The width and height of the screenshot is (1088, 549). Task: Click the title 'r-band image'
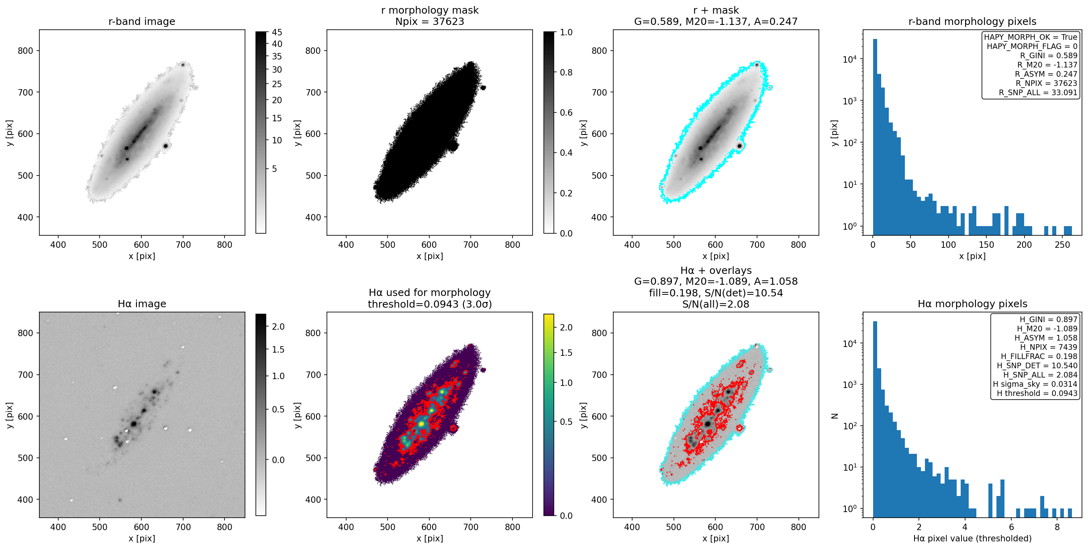pyautogui.click(x=141, y=21)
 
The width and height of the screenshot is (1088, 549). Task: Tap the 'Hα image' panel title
pyautogui.click(x=141, y=304)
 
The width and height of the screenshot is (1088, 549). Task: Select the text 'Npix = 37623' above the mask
pyautogui.click(x=430, y=21)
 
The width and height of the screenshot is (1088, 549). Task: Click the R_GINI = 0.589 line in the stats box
pyautogui.click(x=1049, y=55)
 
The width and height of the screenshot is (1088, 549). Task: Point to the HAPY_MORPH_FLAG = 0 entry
pyautogui.click(x=1032, y=46)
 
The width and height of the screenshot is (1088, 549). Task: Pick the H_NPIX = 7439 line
pyautogui.click(x=1049, y=347)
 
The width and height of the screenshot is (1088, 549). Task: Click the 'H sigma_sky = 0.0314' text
pyautogui.click(x=1035, y=384)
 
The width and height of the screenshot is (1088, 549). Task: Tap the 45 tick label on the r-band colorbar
pyautogui.click(x=277, y=32)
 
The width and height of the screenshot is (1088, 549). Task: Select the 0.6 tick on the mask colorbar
pyautogui.click(x=566, y=112)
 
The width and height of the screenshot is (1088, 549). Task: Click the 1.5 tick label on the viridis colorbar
pyautogui.click(x=566, y=353)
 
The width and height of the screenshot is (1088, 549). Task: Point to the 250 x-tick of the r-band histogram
pyautogui.click(x=1062, y=245)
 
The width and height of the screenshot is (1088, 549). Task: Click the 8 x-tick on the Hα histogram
pyautogui.click(x=1057, y=527)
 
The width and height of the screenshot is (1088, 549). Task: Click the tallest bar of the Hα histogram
pyautogui.click(x=875, y=418)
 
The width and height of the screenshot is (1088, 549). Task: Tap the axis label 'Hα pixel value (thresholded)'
pyautogui.click(x=972, y=539)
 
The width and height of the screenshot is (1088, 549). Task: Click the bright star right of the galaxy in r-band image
pyautogui.click(x=165, y=146)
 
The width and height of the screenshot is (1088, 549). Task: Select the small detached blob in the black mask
pyautogui.click(x=483, y=88)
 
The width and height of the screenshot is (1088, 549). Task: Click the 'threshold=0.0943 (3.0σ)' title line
pyautogui.click(x=430, y=304)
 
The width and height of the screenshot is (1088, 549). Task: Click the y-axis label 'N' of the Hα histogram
pyautogui.click(x=835, y=416)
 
